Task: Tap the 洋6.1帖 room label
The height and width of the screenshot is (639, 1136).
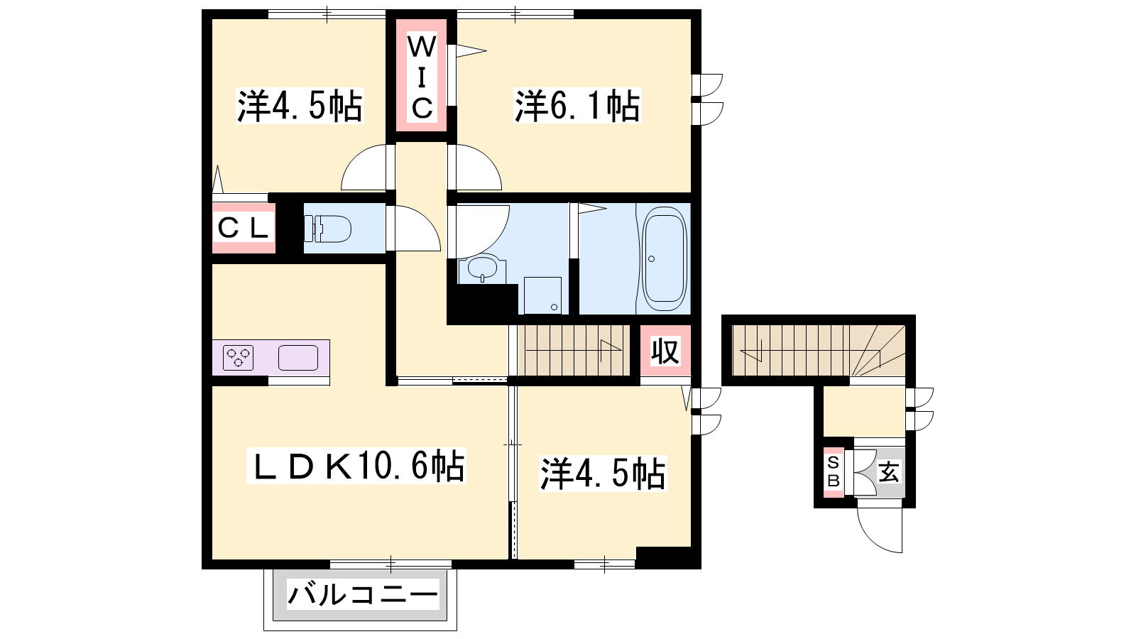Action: click(577, 106)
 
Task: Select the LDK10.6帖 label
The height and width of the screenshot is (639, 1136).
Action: click(356, 466)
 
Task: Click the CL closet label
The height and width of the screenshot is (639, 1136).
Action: click(242, 228)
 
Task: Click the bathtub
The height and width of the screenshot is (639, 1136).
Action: click(665, 258)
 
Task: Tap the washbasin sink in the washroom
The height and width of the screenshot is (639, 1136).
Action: click(482, 268)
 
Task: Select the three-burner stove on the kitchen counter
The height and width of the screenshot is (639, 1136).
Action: click(238, 358)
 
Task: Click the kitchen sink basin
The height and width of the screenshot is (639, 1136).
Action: click(297, 358)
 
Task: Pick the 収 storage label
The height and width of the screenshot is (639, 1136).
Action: click(665, 351)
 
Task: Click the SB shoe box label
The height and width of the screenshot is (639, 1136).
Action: click(834, 471)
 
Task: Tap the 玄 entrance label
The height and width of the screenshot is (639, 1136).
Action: click(889, 472)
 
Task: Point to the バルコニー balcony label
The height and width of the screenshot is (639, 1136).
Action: click(362, 595)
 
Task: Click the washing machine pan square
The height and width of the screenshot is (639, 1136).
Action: click(542, 295)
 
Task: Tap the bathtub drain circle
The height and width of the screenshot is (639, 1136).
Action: click(651, 258)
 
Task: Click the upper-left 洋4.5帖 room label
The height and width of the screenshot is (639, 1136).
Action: click(300, 106)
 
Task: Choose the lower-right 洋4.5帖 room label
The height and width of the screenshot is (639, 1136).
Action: click(603, 474)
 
